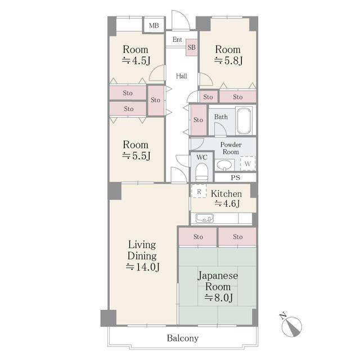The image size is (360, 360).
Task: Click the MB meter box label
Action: [x=154, y=25]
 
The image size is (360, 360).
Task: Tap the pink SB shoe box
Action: [x=191, y=47]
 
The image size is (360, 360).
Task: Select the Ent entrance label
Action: [x=177, y=39]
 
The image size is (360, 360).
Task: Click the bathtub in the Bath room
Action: [x=244, y=121]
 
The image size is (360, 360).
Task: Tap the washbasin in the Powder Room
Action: [x=224, y=165]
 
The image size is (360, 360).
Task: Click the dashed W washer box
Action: [x=247, y=164]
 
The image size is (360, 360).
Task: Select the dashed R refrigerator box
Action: [x=199, y=191]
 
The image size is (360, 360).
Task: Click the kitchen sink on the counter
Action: [x=204, y=218]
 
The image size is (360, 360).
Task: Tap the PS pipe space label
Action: [x=235, y=178]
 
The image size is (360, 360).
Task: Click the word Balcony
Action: [x=183, y=338]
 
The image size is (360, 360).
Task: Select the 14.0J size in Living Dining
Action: [x=142, y=267]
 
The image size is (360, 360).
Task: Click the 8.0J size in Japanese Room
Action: [x=219, y=298]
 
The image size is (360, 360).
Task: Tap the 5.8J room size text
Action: [x=228, y=61]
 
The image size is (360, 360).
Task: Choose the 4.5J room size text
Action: [x=136, y=61]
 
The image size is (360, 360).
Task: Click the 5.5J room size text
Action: [x=136, y=156]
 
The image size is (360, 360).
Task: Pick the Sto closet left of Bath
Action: [x=199, y=120]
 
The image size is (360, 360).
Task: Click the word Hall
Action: [x=181, y=76]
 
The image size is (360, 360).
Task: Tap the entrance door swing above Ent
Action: [x=181, y=20]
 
